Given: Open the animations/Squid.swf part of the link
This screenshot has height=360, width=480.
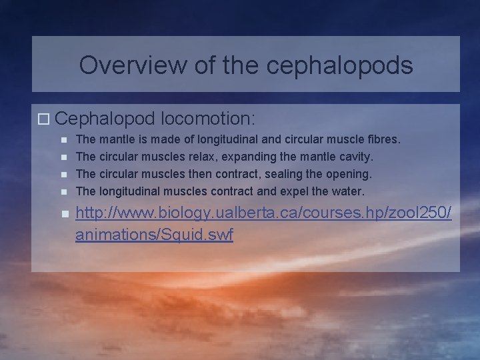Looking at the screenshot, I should [x=154, y=235].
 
